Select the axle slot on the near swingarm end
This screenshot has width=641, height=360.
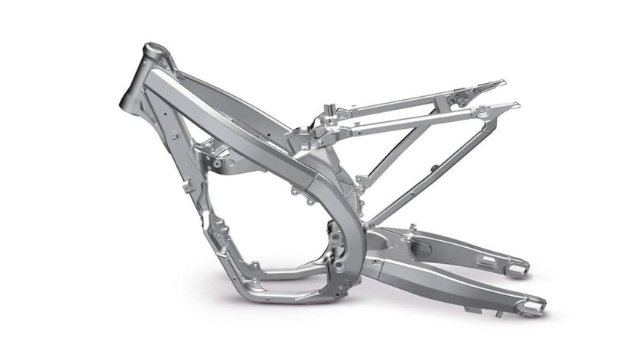pyautogui.click(x=534, y=304)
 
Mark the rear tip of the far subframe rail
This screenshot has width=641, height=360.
pyautogui.click(x=499, y=82)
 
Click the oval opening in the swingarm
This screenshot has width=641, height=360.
pyautogui.click(x=423, y=248)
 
